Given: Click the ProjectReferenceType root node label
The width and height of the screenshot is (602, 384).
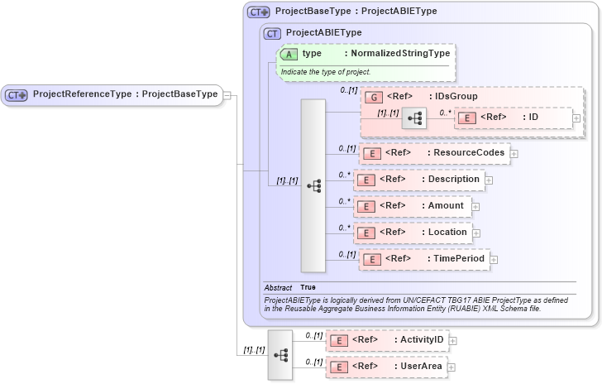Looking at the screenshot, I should [x=124, y=94].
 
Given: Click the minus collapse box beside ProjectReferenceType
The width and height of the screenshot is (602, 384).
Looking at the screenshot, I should [x=227, y=95].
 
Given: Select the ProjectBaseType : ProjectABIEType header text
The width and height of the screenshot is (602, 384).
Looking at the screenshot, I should [x=356, y=12].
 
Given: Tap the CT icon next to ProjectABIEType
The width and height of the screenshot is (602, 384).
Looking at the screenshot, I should [x=272, y=33].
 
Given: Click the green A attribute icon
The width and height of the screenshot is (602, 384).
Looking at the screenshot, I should [x=289, y=54].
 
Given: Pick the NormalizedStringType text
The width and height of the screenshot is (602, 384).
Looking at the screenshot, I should [x=397, y=54].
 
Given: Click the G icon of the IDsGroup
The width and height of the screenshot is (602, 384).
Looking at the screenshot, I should [x=372, y=97].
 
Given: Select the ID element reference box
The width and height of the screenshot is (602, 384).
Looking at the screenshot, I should [x=513, y=118].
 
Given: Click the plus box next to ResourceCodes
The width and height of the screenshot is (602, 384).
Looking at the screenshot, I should [x=514, y=153].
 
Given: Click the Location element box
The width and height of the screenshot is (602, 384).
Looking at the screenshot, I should [x=413, y=233].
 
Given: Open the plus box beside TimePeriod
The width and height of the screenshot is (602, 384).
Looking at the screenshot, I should [x=494, y=259].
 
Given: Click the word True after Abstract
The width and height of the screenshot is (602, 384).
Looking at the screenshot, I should [x=308, y=287].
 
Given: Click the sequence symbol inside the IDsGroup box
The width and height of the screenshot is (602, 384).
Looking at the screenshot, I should [x=413, y=119].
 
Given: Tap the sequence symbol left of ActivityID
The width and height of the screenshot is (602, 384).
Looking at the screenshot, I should [x=280, y=354].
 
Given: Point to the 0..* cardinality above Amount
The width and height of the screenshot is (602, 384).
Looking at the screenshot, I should [x=344, y=200].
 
